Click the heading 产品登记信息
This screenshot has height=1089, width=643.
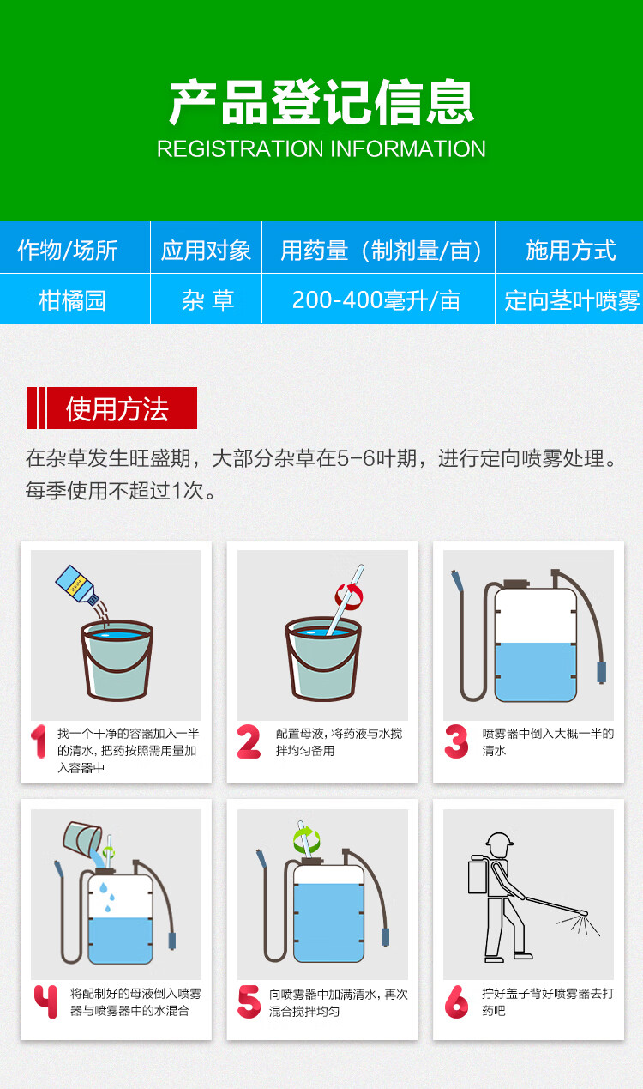(321, 102)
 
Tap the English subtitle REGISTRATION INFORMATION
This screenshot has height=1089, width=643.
(321, 148)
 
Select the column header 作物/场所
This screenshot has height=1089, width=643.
(68, 251)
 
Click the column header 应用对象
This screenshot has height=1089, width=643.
(206, 251)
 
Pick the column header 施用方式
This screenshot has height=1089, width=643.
(571, 251)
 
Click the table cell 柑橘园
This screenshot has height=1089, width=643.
(72, 300)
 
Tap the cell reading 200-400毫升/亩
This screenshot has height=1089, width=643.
(376, 300)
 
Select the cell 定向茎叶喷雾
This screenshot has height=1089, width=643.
(572, 300)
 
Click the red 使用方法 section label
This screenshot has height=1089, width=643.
(111, 408)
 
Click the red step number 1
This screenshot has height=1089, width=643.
(39, 741)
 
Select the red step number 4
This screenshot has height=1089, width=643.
(45, 1001)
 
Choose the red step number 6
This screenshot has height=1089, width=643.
(456, 1002)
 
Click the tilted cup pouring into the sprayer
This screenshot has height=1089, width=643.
(82, 838)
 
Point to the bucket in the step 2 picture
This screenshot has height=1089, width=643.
(323, 658)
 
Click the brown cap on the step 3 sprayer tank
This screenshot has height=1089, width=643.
(517, 584)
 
